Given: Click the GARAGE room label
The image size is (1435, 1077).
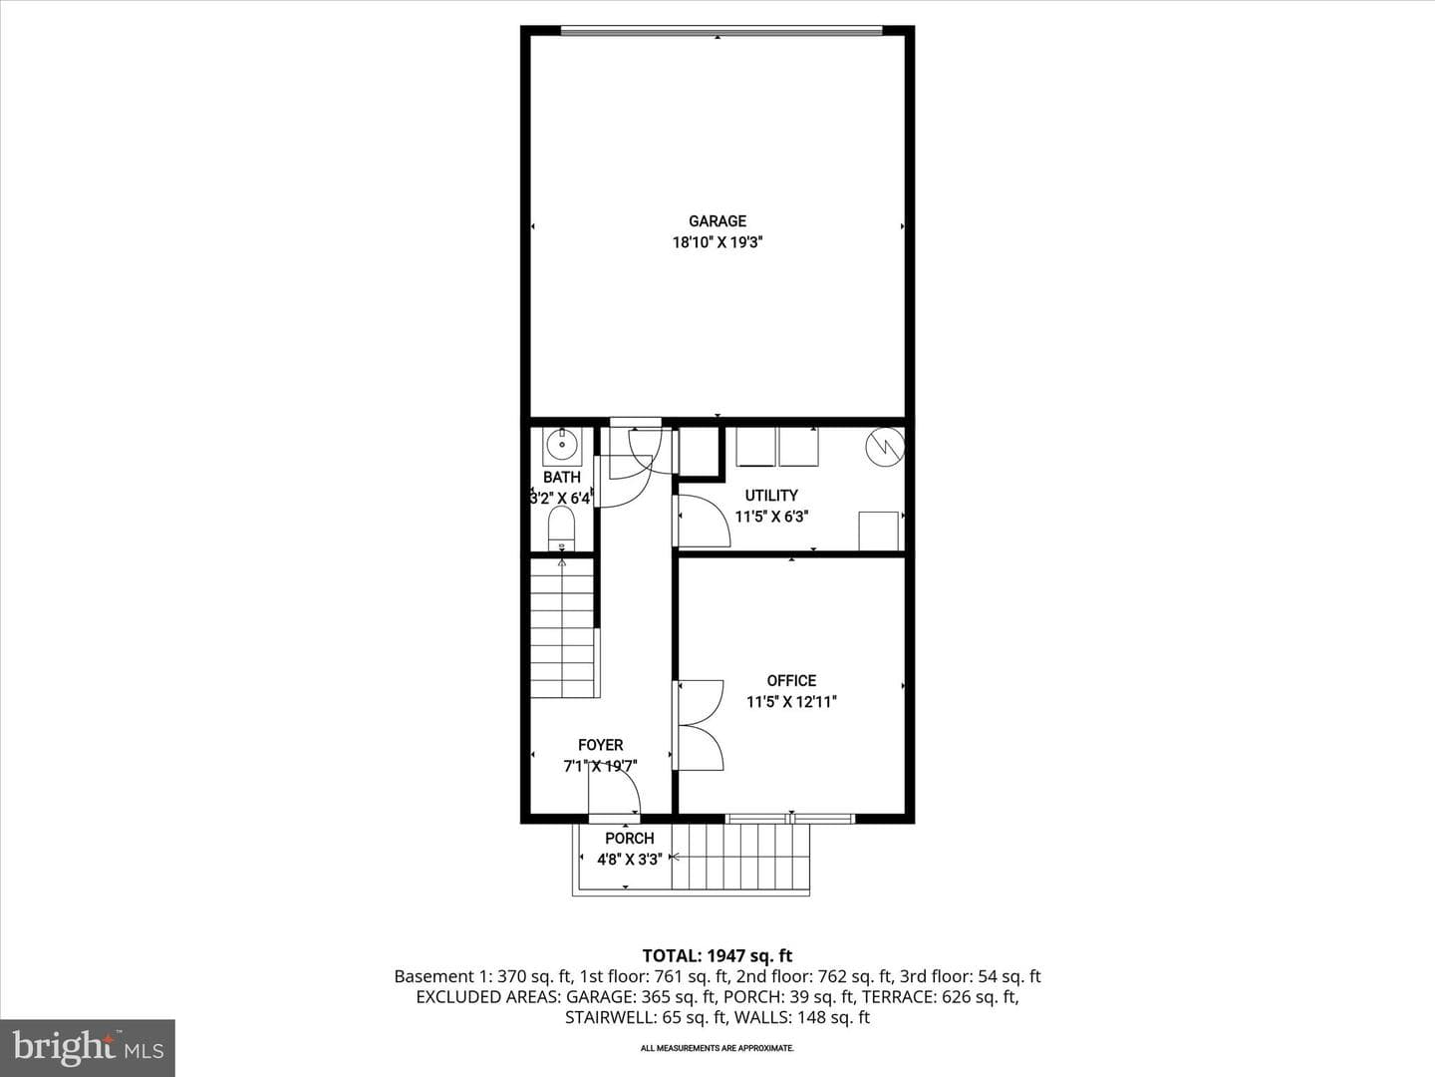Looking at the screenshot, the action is tap(717, 221).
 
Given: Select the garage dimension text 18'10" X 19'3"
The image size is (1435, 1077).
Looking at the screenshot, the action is tap(717, 242).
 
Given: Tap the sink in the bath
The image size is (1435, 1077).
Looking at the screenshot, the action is tap(562, 447).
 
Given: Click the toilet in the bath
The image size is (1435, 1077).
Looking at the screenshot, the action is tap(561, 528).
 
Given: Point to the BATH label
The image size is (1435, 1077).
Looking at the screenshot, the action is tap(562, 478).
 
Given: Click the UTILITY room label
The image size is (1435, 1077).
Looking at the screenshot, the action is tap(771, 496).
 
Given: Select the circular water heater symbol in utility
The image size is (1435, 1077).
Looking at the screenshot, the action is tap(885, 448).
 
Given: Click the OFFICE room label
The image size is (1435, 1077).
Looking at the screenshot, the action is tap(791, 681).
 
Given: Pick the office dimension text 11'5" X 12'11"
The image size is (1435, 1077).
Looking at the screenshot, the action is tap(791, 702).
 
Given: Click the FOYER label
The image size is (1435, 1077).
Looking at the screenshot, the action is tap(600, 745).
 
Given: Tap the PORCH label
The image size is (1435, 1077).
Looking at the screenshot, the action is tap(629, 839).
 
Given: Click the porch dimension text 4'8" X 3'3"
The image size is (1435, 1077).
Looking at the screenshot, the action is tap(630, 860).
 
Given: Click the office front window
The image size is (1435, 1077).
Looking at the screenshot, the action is tap(790, 818).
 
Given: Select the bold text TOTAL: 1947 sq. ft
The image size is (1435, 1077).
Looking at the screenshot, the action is tap(717, 956).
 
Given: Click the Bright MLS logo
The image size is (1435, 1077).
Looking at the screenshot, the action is tap(88, 1048).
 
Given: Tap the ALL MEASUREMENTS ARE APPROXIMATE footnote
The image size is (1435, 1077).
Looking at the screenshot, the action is tap(717, 1048).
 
